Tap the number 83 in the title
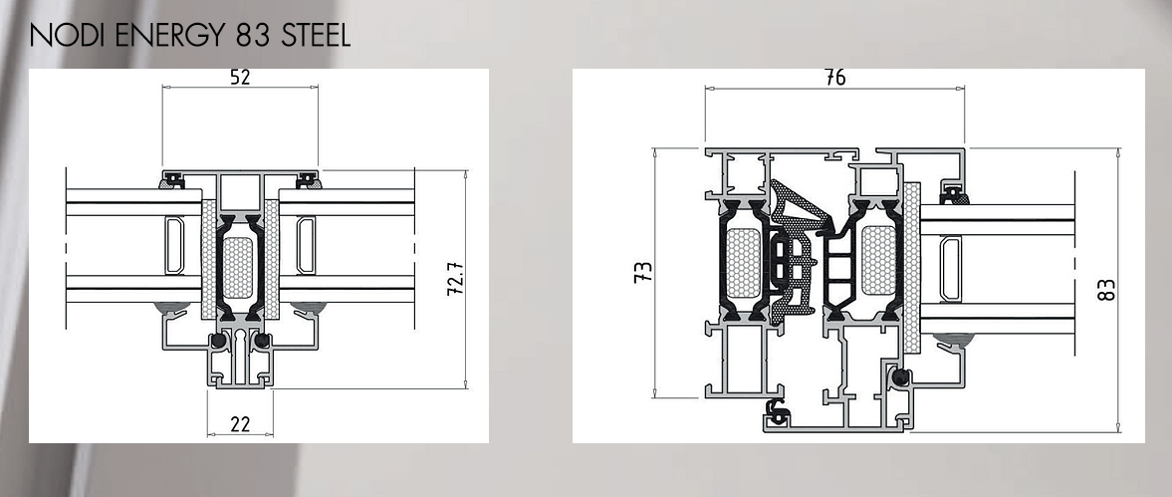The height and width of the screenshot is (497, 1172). (x=241, y=35)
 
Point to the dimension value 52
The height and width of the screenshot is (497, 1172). (x=239, y=77)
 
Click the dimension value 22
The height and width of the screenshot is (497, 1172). (x=240, y=424)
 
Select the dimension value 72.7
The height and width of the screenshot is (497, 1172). (x=455, y=278)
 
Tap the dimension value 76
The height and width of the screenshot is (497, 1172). (x=834, y=77)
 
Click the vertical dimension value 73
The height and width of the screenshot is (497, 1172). (x=643, y=272)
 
